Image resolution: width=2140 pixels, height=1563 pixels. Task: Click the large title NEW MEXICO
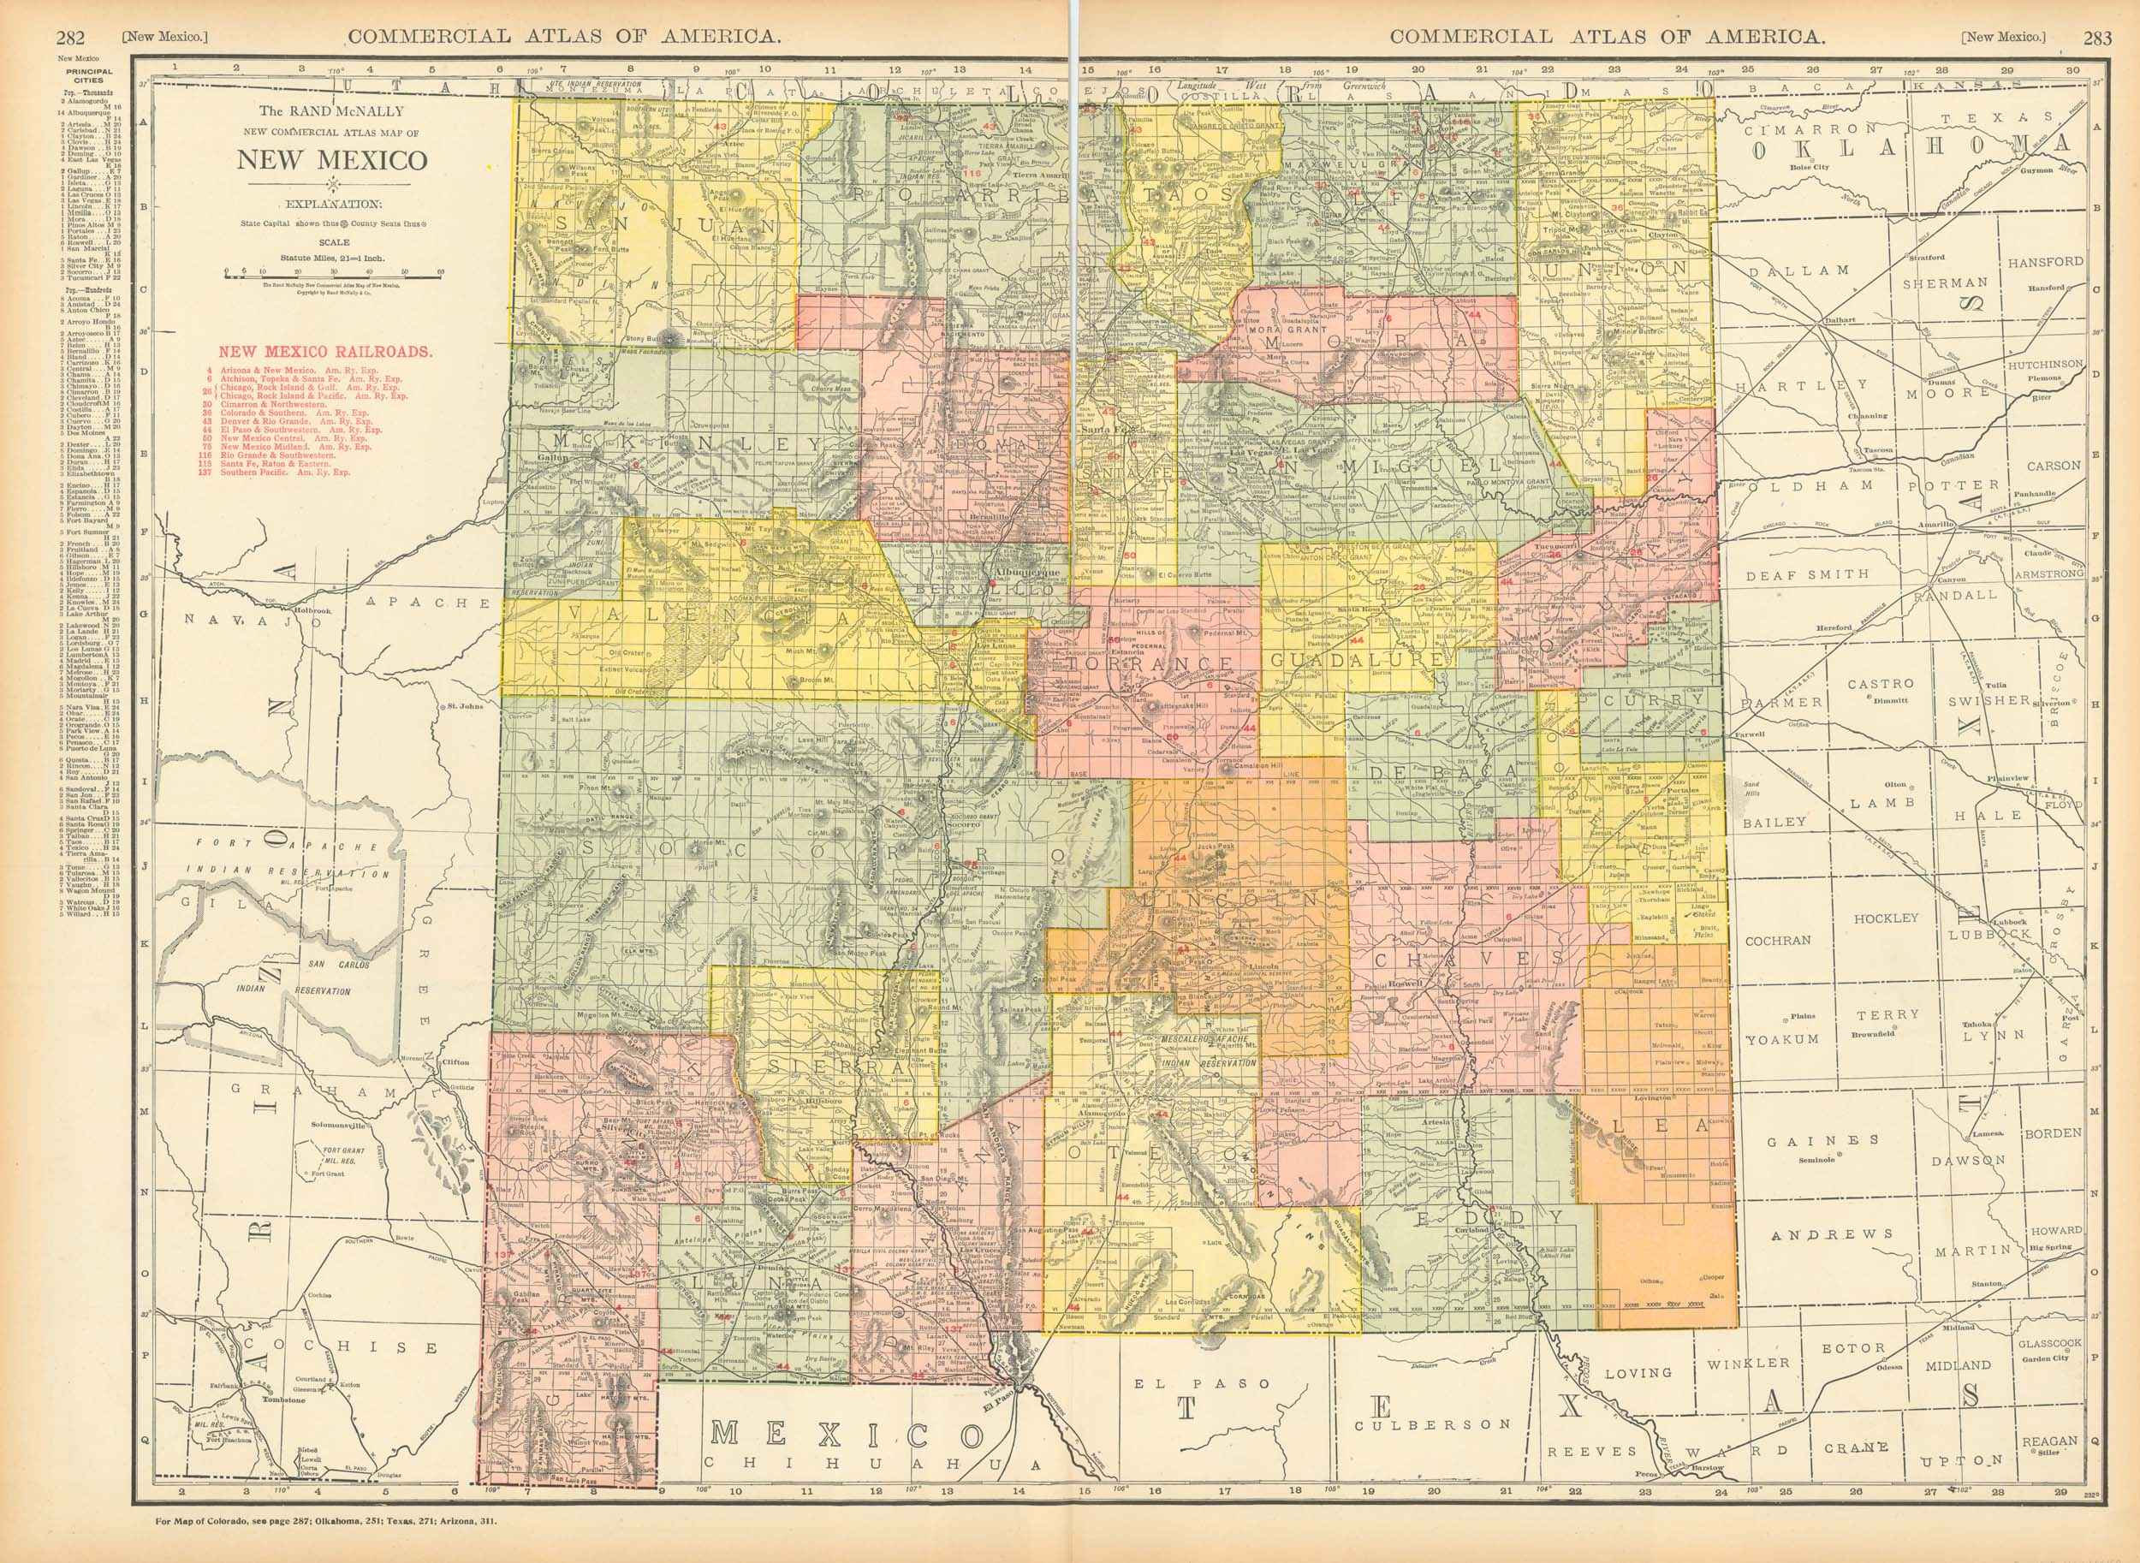tap(331, 160)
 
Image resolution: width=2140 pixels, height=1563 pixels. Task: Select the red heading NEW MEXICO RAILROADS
tap(326, 351)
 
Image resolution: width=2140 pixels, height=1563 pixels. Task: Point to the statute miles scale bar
tap(333, 272)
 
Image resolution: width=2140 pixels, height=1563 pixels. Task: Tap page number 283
tap(2096, 38)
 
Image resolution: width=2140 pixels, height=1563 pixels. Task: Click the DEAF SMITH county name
tap(1807, 574)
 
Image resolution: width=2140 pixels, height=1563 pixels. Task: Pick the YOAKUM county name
tap(1782, 1039)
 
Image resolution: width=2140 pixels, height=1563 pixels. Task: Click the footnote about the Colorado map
tap(326, 1521)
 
